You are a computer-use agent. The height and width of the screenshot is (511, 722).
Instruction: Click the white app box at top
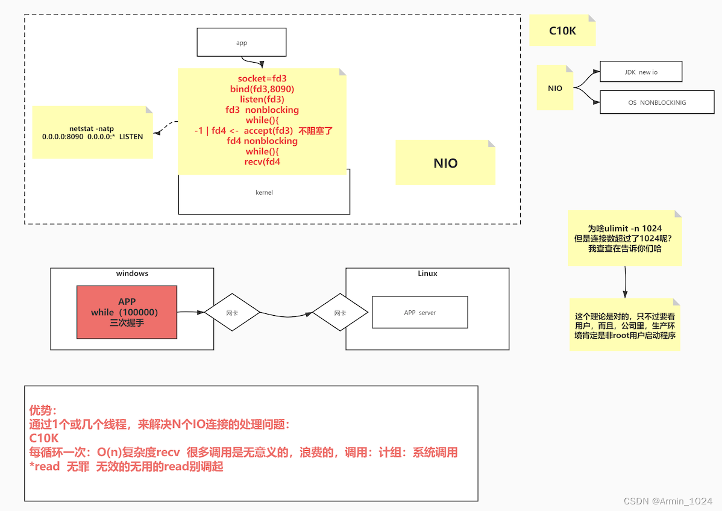point(241,43)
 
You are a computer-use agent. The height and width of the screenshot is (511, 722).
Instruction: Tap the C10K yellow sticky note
point(562,31)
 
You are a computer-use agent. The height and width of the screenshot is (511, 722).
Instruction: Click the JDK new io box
point(641,72)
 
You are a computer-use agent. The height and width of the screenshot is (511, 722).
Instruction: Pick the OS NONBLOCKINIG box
point(656,102)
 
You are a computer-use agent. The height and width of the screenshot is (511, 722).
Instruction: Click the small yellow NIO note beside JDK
point(554,89)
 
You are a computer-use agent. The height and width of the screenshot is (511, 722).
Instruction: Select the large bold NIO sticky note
point(445,163)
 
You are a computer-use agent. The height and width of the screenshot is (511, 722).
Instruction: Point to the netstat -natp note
point(92,133)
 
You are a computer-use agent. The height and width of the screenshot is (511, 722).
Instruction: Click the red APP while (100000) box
point(127,312)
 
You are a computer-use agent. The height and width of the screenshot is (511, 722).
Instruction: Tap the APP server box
point(419,313)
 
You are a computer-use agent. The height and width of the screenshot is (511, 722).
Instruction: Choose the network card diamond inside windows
point(232,313)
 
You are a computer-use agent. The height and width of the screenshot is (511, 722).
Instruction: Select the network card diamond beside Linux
point(340,313)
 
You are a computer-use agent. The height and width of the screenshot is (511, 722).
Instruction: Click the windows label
point(132,274)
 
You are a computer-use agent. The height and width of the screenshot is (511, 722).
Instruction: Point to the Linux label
point(427,274)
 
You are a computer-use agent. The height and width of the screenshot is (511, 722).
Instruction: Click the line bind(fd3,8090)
point(262,89)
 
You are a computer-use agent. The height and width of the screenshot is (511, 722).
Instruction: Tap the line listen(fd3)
point(262,99)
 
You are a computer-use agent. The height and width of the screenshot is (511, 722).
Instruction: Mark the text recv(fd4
point(262,161)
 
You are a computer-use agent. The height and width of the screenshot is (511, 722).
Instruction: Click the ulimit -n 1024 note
point(624,238)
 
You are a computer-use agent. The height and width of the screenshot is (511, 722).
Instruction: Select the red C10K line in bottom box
point(44,438)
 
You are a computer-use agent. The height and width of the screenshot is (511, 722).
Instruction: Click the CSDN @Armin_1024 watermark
point(667,501)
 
